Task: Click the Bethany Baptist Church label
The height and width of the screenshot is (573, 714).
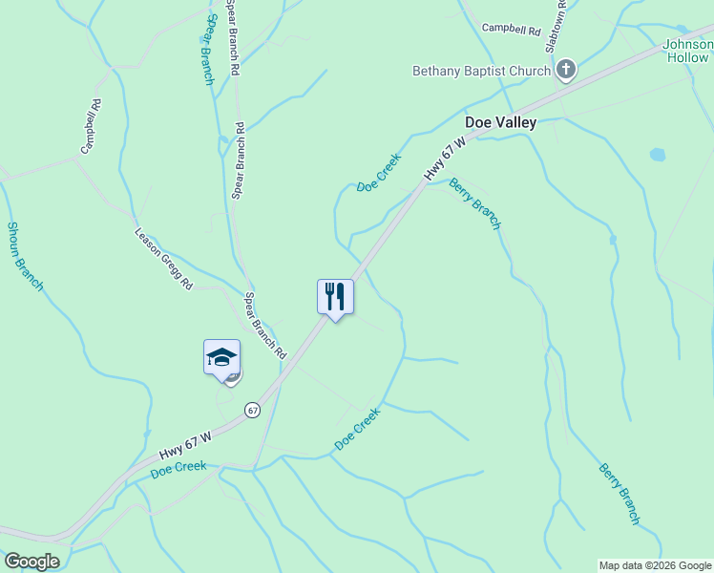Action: coord(481,71)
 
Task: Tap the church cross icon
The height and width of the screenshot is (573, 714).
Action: coord(566,69)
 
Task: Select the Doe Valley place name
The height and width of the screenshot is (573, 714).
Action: coord(500,122)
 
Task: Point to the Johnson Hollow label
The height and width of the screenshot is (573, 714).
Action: coord(688,51)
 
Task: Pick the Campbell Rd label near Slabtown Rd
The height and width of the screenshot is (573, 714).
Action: coord(511,30)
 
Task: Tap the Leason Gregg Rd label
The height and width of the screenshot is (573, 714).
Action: coord(163,258)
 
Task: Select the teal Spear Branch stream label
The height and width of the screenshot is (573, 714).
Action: coord(209,48)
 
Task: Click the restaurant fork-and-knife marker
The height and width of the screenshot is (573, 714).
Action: coord(335,296)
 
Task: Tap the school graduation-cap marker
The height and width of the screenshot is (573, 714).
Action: coord(221,358)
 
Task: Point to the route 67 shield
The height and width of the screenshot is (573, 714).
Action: coord(252,410)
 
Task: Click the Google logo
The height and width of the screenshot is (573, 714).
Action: coord(31,562)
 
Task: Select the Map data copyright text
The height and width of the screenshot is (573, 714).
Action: coord(655,565)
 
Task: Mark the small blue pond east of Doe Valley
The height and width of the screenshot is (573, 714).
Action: coord(657,154)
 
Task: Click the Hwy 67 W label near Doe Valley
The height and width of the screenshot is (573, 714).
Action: coord(445,159)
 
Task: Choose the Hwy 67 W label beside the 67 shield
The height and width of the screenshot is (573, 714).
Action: coord(185,443)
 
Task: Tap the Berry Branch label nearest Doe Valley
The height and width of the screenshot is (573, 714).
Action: coord(474,203)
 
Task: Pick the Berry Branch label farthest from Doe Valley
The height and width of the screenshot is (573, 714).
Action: coord(619,494)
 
